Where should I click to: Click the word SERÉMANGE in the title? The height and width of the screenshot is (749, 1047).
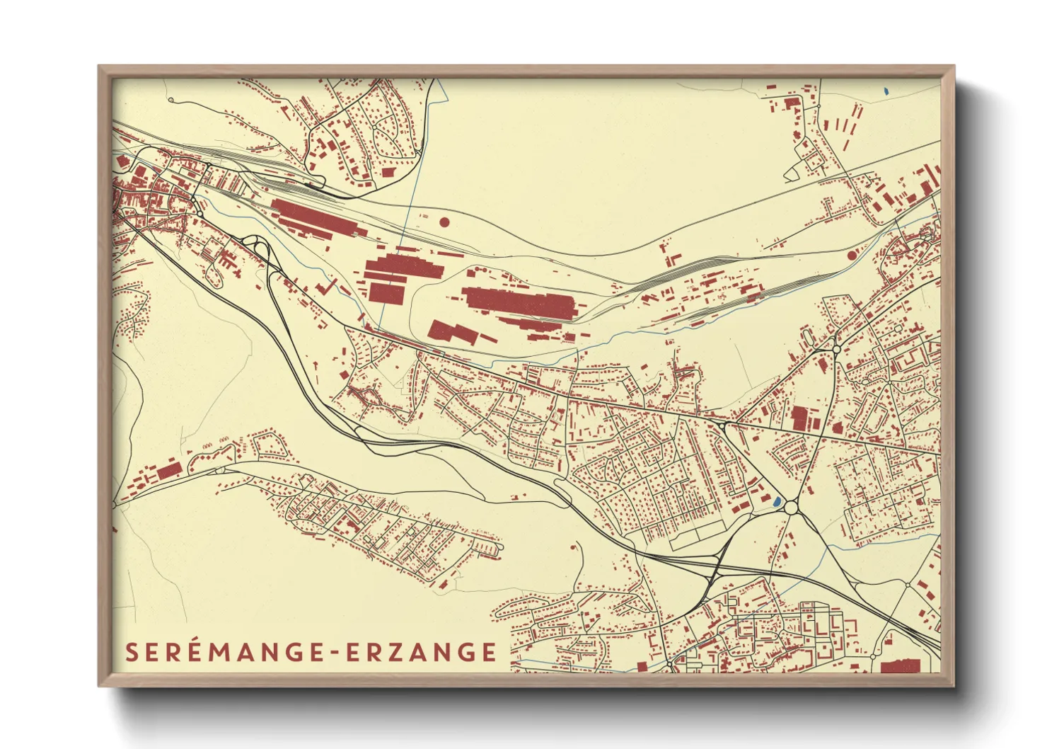224,652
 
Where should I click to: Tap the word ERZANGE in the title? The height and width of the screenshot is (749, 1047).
422,652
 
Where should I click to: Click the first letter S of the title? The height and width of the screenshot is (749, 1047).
131,652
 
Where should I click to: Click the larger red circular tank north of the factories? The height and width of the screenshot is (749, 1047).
444,222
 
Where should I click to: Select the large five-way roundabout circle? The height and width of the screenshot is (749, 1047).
791,507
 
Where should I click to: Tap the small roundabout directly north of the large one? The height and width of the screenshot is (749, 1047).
836,349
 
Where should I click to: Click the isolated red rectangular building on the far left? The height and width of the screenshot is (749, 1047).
169,471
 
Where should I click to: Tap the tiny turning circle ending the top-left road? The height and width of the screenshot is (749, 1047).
170,101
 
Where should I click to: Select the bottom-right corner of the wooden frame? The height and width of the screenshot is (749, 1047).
953,685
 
